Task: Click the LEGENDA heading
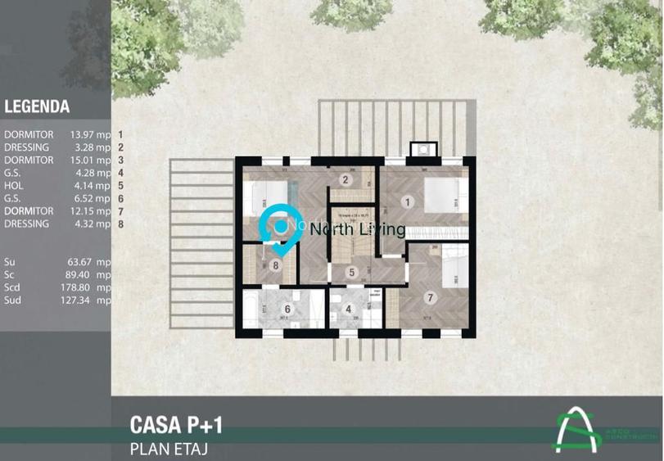37,106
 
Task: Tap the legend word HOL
14,185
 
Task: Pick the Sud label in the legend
13,301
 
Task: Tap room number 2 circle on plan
346,180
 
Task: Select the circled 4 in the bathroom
349,310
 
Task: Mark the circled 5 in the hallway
350,273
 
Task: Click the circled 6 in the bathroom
287,310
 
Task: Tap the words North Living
357,230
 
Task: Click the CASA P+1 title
176,424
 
